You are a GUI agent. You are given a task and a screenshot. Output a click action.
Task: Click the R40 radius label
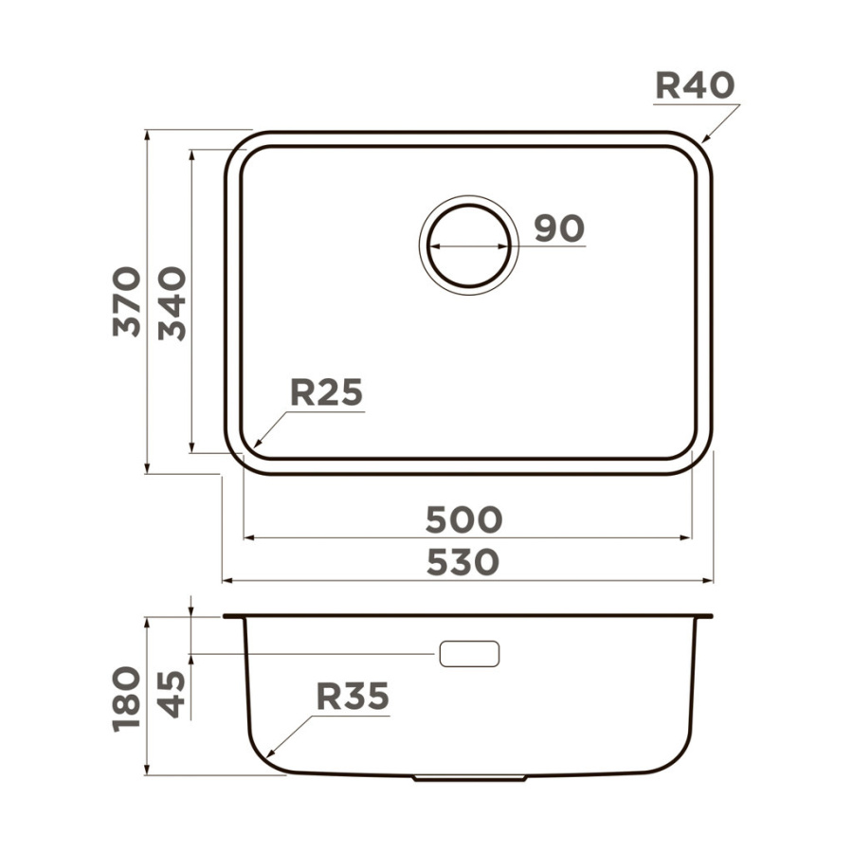694,86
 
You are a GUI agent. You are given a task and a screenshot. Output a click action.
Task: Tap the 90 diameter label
558,228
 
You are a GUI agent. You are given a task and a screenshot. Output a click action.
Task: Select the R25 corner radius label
326,391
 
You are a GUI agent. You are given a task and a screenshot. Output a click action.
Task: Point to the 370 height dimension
127,301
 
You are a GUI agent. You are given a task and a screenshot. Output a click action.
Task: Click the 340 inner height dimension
172,303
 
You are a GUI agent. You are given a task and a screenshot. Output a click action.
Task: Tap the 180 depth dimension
127,698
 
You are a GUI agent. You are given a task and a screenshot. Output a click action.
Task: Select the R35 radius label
353,698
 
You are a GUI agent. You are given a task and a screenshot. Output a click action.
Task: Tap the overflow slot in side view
468,653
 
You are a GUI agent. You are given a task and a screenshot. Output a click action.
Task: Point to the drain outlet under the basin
470,778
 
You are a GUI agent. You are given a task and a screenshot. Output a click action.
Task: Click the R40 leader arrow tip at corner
702,142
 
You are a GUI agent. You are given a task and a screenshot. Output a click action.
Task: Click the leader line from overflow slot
313,654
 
